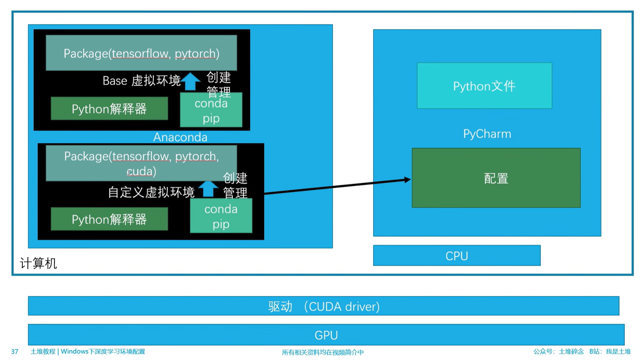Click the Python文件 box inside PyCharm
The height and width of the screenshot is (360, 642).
[484, 86]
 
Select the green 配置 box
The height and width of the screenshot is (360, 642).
[496, 178]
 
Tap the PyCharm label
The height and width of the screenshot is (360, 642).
[487, 134]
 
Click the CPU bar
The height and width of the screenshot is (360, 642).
[456, 256]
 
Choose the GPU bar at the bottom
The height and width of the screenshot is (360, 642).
[326, 335]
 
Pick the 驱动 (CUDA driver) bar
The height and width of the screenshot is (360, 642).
[323, 306]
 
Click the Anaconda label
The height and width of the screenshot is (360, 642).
[180, 137]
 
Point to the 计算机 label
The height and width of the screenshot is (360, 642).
[38, 263]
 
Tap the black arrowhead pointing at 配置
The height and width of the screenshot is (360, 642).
[407, 179]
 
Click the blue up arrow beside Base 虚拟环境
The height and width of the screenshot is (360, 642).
[191, 82]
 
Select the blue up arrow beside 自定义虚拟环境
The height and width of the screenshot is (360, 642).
[208, 189]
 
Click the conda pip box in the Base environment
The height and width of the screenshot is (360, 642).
[211, 111]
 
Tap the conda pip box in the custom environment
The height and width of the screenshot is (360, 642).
[221, 216]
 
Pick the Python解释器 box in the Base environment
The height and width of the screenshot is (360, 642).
[109, 109]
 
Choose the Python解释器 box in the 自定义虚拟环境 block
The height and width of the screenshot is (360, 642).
[109, 219]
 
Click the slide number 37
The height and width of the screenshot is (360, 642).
[15, 351]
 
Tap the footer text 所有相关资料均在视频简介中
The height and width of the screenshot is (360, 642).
[323, 352]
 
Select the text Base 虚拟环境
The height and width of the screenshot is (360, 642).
[141, 81]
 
